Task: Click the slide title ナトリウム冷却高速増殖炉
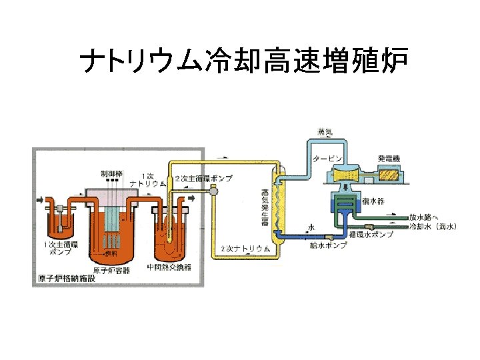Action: tap(239, 63)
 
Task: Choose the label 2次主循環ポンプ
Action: tap(203, 179)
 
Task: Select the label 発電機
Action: tap(389, 158)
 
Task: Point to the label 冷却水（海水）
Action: tap(432, 227)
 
